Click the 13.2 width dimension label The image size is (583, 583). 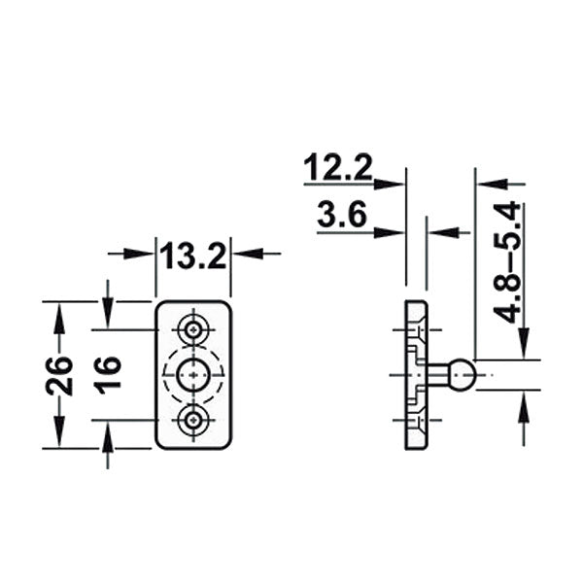click(193, 257)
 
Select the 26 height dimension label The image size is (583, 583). click(59, 374)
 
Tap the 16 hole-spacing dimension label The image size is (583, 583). click(108, 374)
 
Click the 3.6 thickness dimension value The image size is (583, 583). click(341, 215)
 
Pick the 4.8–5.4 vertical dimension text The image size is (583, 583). click(507, 263)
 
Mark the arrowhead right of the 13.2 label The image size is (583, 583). click(243, 254)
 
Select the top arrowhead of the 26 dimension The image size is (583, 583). click(59, 312)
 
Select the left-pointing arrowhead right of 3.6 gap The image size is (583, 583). click(437, 231)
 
